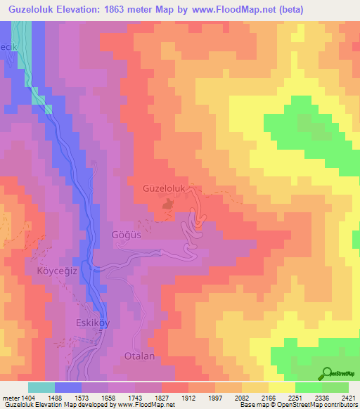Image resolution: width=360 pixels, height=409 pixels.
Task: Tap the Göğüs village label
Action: pyautogui.click(x=127, y=235)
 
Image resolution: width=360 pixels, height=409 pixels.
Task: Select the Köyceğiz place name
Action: pyautogui.click(x=50, y=270)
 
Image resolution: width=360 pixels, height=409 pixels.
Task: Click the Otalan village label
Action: pyautogui.click(x=139, y=356)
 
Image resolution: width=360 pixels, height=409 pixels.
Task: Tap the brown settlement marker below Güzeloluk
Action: pyautogui.click(x=168, y=204)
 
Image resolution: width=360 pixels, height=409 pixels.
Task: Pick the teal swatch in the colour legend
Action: pyautogui.click(x=41, y=387)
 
